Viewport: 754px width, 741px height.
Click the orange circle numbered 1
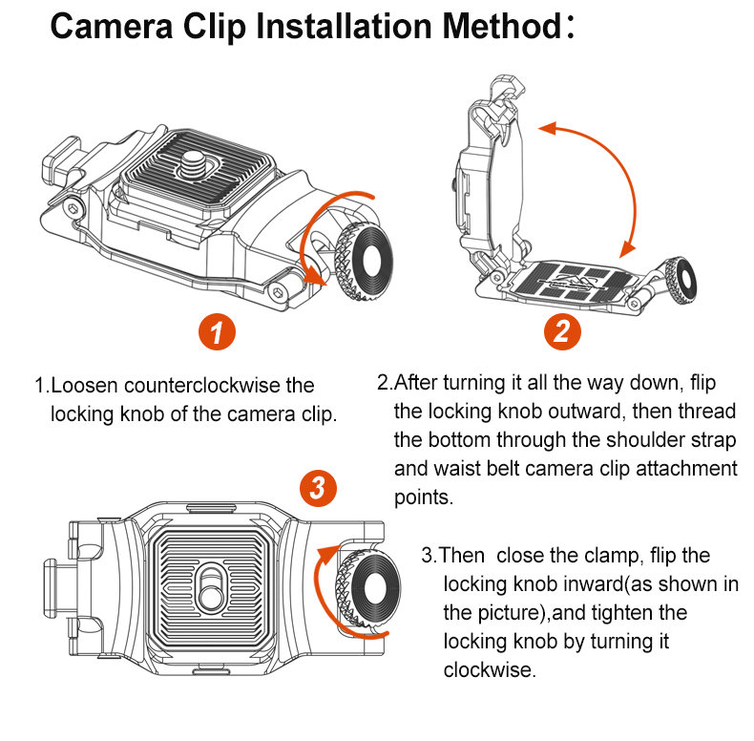pos(218,333)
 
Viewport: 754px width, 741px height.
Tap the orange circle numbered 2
pos(562,333)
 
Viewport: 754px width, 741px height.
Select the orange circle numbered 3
pos(318,490)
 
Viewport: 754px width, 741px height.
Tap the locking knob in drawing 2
pos(685,278)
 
